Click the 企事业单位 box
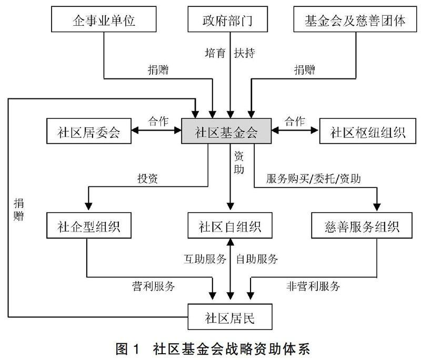click(104, 21)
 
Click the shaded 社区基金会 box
click(226, 131)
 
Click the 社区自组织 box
click(229, 227)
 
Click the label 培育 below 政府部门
click(215, 53)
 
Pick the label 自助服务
click(257, 258)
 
